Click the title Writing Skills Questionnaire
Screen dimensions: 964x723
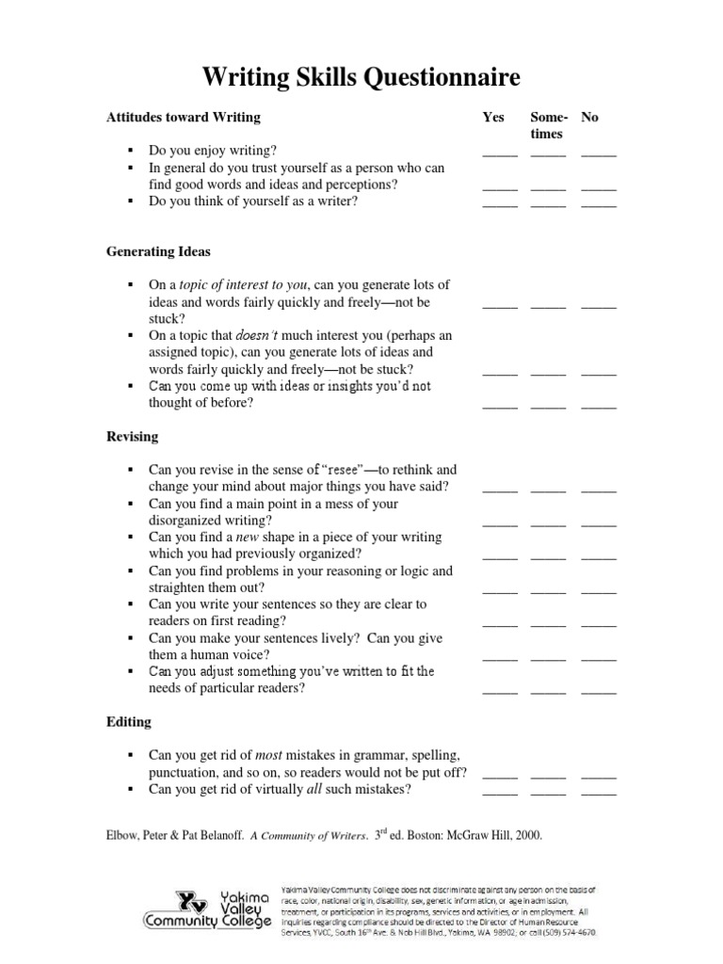click(361, 75)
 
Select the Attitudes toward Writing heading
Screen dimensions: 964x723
click(183, 118)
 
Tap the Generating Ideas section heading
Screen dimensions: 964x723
click(157, 252)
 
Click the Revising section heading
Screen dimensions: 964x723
click(132, 437)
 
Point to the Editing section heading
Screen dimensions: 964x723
click(128, 722)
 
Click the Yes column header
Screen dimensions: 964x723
click(493, 118)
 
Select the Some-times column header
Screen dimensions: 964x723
click(548, 126)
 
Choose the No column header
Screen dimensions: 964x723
click(590, 118)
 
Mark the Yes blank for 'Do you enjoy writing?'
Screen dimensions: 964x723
click(500, 153)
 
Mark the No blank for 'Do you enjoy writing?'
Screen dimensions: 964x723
click(599, 153)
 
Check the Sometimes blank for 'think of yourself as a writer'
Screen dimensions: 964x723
click(548, 204)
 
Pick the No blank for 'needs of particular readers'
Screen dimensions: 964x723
click(599, 692)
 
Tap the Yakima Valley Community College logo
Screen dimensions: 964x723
click(207, 910)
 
